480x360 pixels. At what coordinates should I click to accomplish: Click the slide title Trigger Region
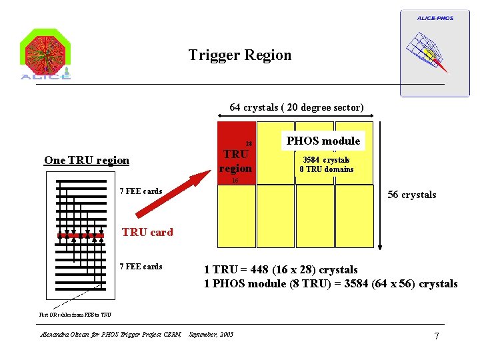click(x=240, y=55)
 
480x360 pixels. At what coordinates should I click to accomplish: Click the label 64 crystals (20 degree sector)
click(x=297, y=107)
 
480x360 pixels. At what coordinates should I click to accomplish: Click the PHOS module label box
click(x=323, y=141)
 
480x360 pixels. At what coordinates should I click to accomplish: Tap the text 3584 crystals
click(x=326, y=160)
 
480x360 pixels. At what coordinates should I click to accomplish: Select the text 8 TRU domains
click(x=328, y=169)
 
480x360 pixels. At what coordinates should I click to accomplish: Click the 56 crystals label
click(x=412, y=195)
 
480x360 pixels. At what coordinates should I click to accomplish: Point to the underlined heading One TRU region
click(x=87, y=160)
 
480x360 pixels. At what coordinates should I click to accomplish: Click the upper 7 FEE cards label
click(x=140, y=191)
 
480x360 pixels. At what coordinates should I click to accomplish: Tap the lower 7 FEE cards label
click(x=140, y=267)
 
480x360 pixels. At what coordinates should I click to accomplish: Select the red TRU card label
click(x=147, y=232)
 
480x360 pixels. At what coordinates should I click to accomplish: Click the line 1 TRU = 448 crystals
click(x=281, y=270)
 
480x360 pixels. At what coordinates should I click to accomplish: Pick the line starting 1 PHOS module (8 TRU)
click(x=331, y=284)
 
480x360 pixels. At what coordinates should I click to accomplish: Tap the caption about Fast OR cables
click(x=75, y=315)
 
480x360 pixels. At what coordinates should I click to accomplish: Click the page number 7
click(x=436, y=335)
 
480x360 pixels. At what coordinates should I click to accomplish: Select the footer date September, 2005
click(x=211, y=334)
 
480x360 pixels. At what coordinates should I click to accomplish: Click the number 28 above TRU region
click(x=249, y=143)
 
